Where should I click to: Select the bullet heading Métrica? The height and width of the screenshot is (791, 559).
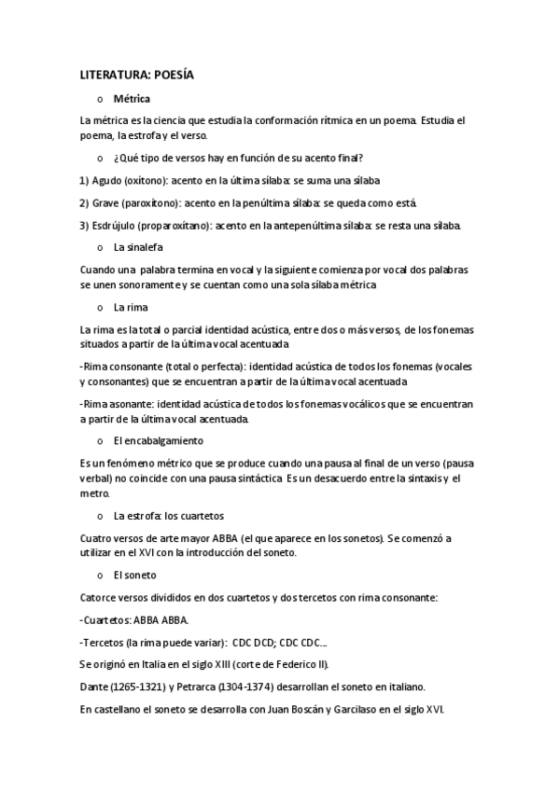pos(132,98)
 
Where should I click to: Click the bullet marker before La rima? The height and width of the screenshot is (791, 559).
pos(100,307)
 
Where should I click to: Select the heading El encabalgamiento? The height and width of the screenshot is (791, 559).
pos(159,440)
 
